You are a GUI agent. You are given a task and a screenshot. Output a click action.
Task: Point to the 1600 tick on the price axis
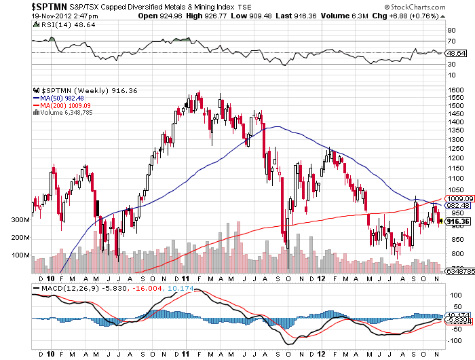[455, 89]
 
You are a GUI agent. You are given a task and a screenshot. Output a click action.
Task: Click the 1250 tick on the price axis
[455, 148]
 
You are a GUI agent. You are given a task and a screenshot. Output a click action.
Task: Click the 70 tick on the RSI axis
[451, 41]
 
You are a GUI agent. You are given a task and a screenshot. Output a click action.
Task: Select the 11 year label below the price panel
[185, 278]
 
